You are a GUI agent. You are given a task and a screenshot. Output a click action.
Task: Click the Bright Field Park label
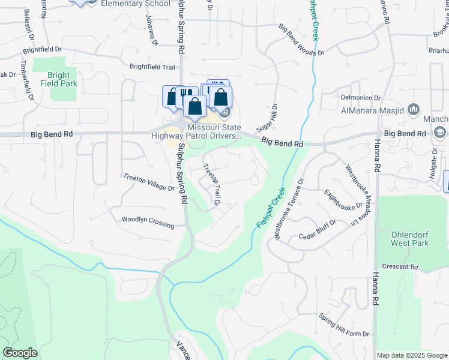coord(63,80)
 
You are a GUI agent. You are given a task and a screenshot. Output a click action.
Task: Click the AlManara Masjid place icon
coord(413,110)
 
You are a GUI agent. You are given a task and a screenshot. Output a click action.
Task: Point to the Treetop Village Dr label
coord(149,182)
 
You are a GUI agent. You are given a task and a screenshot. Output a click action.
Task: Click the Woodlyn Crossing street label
coord(148,222)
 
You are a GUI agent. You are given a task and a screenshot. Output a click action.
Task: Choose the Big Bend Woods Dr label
coord(301,40)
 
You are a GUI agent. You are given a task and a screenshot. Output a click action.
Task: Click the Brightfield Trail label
coord(152,67)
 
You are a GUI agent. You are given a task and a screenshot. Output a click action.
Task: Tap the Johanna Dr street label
coord(151,30)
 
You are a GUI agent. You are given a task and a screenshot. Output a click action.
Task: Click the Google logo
coord(20,353)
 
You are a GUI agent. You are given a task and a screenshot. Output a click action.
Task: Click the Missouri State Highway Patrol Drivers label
coord(214,131)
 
